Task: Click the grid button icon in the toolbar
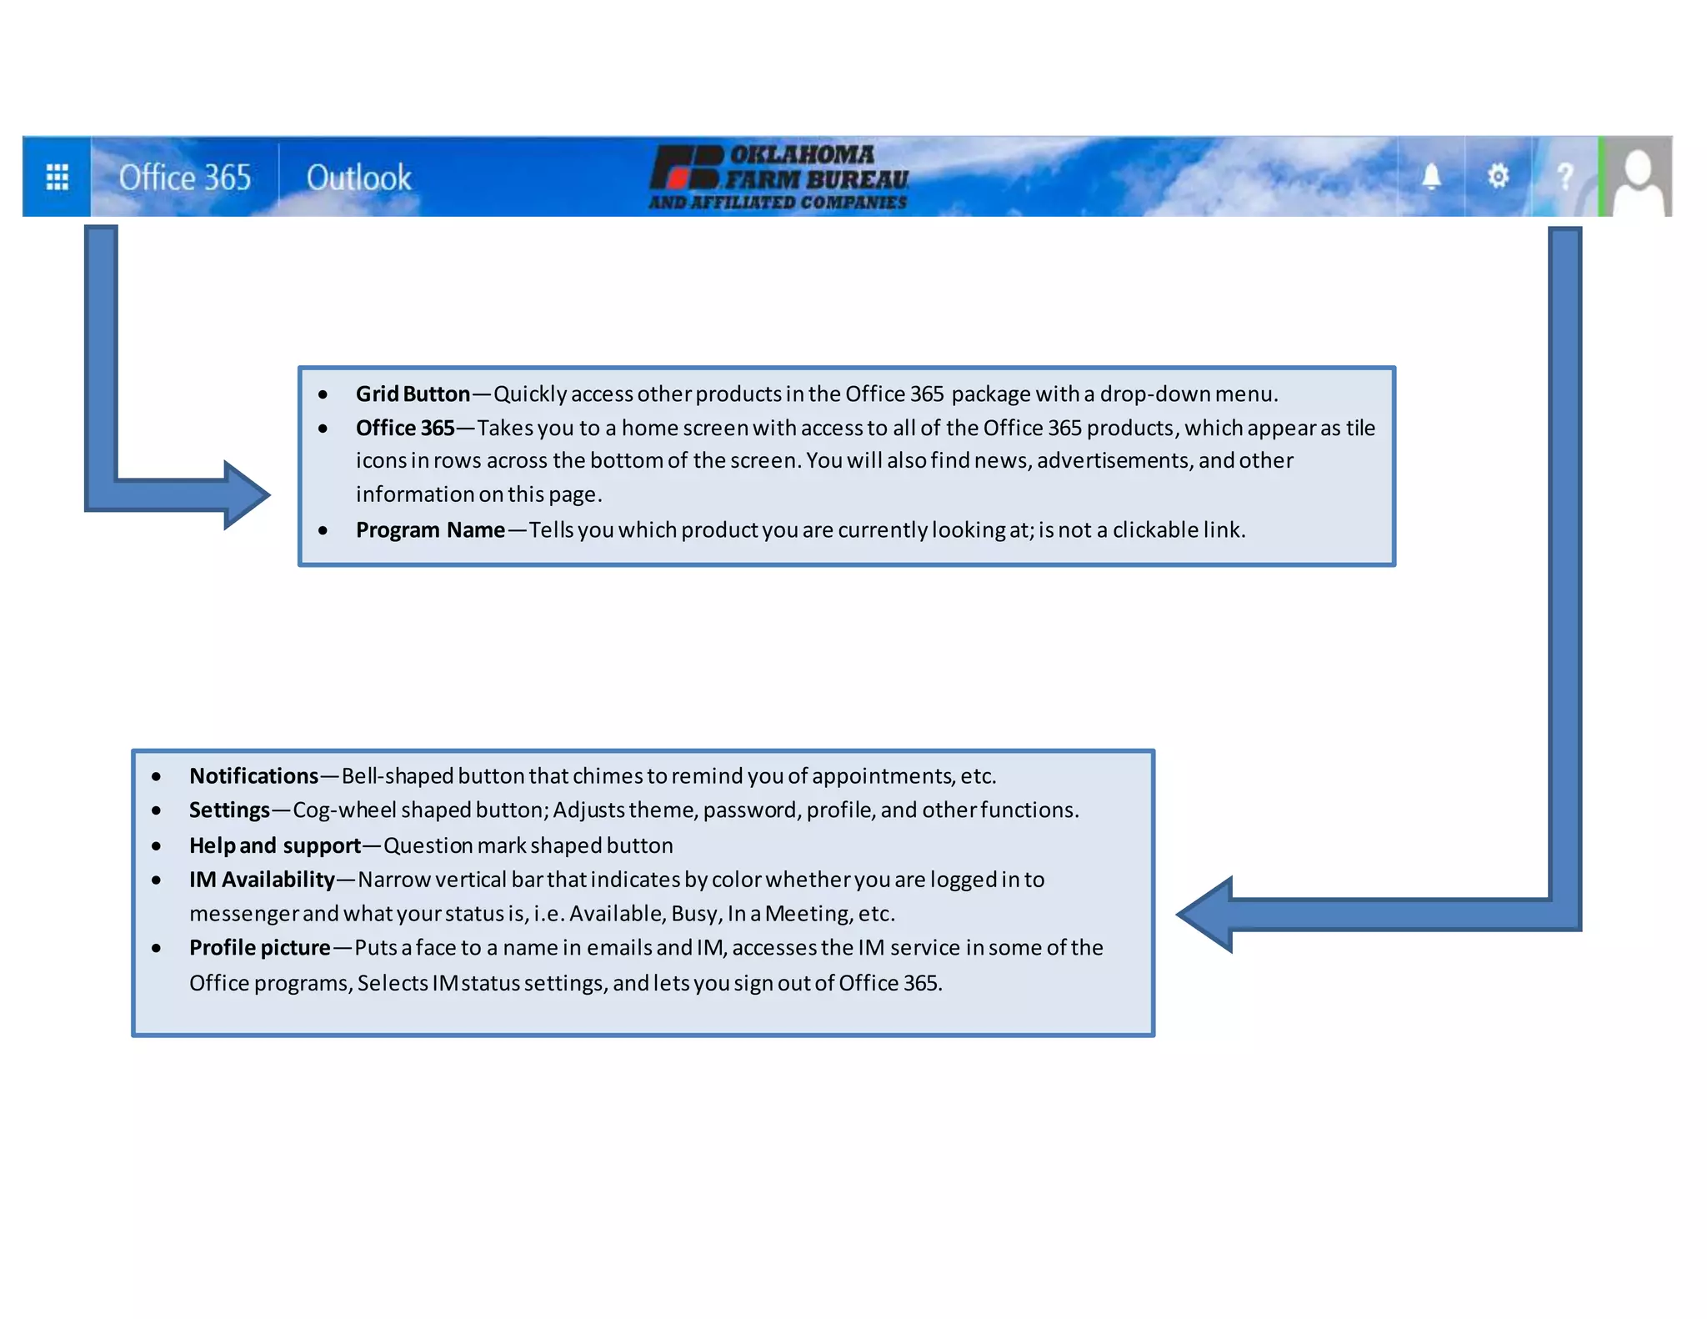(x=57, y=177)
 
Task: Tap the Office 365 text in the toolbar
(x=184, y=178)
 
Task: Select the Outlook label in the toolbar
(x=358, y=178)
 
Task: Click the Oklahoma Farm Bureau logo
(x=778, y=178)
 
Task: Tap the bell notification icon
(x=1431, y=177)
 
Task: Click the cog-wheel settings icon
(x=1498, y=177)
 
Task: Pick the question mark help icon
(x=1564, y=177)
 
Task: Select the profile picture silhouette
(x=1638, y=178)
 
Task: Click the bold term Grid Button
(x=413, y=394)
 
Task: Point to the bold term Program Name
(x=430, y=529)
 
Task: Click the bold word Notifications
(x=253, y=776)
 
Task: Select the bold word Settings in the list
(x=229, y=810)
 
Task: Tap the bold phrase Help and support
(x=275, y=845)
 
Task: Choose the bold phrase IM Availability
(x=262, y=880)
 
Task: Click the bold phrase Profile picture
(x=259, y=948)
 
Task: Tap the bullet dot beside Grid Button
(x=323, y=394)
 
